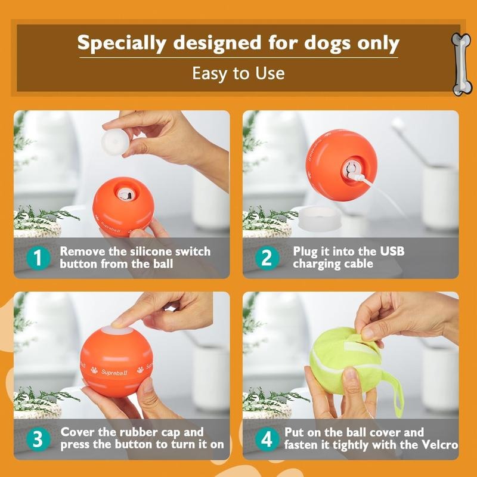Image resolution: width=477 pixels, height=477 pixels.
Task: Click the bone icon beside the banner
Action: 461,64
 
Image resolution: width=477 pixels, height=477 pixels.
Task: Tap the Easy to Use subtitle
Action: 238,73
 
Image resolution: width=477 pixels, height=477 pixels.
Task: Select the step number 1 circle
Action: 38,258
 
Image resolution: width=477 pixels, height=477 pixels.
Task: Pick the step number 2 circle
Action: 267,258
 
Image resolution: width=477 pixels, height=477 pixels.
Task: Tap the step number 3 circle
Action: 38,439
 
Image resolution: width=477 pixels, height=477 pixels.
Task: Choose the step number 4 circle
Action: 267,439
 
